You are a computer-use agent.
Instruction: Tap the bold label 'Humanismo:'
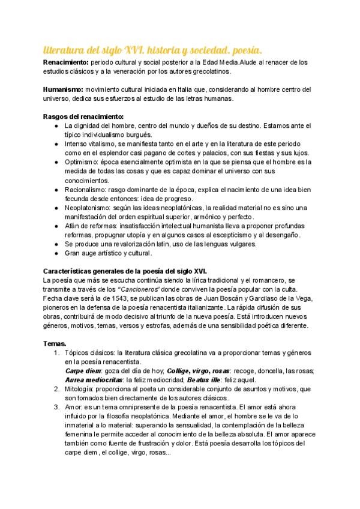click(x=64, y=89)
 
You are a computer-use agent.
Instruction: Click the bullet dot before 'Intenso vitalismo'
click(x=56, y=144)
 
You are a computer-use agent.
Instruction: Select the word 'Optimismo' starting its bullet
click(x=82, y=163)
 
